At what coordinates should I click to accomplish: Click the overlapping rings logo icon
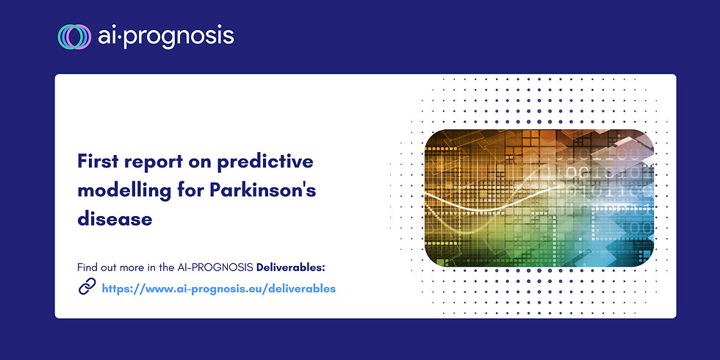[74, 36]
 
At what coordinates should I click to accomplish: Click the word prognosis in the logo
[179, 37]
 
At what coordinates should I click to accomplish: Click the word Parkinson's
[263, 190]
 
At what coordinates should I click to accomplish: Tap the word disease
[115, 219]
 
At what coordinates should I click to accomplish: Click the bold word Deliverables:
[291, 267]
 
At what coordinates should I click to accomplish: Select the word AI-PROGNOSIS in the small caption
[215, 267]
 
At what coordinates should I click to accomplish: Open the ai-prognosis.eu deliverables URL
[219, 289]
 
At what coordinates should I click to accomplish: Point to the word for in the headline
[190, 190]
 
